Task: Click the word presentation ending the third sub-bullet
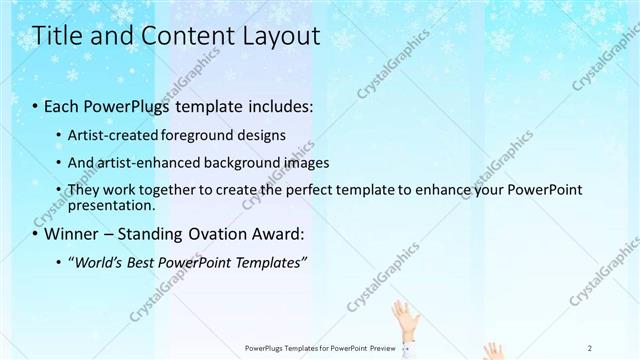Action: pos(110,206)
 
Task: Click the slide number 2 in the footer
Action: pos(590,347)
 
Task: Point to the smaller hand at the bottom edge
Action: pos(492,351)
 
